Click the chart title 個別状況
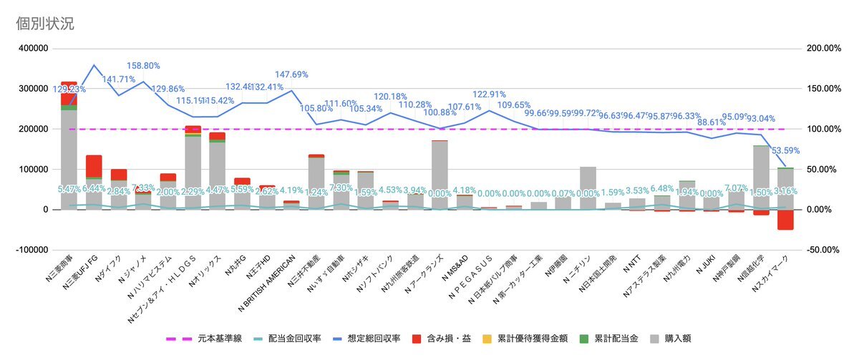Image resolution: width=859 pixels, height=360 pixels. pyautogui.click(x=45, y=23)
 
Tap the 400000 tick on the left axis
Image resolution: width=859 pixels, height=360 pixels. pyautogui.click(x=32, y=49)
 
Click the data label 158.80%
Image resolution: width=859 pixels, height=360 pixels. pyautogui.click(x=142, y=65)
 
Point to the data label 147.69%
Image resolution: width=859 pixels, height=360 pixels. pyautogui.click(x=292, y=74)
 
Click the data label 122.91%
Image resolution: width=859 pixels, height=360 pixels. pyautogui.click(x=490, y=94)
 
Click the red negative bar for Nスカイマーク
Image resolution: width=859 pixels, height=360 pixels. pyautogui.click(x=785, y=220)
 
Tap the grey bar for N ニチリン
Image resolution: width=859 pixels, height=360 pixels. pyautogui.click(x=588, y=188)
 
